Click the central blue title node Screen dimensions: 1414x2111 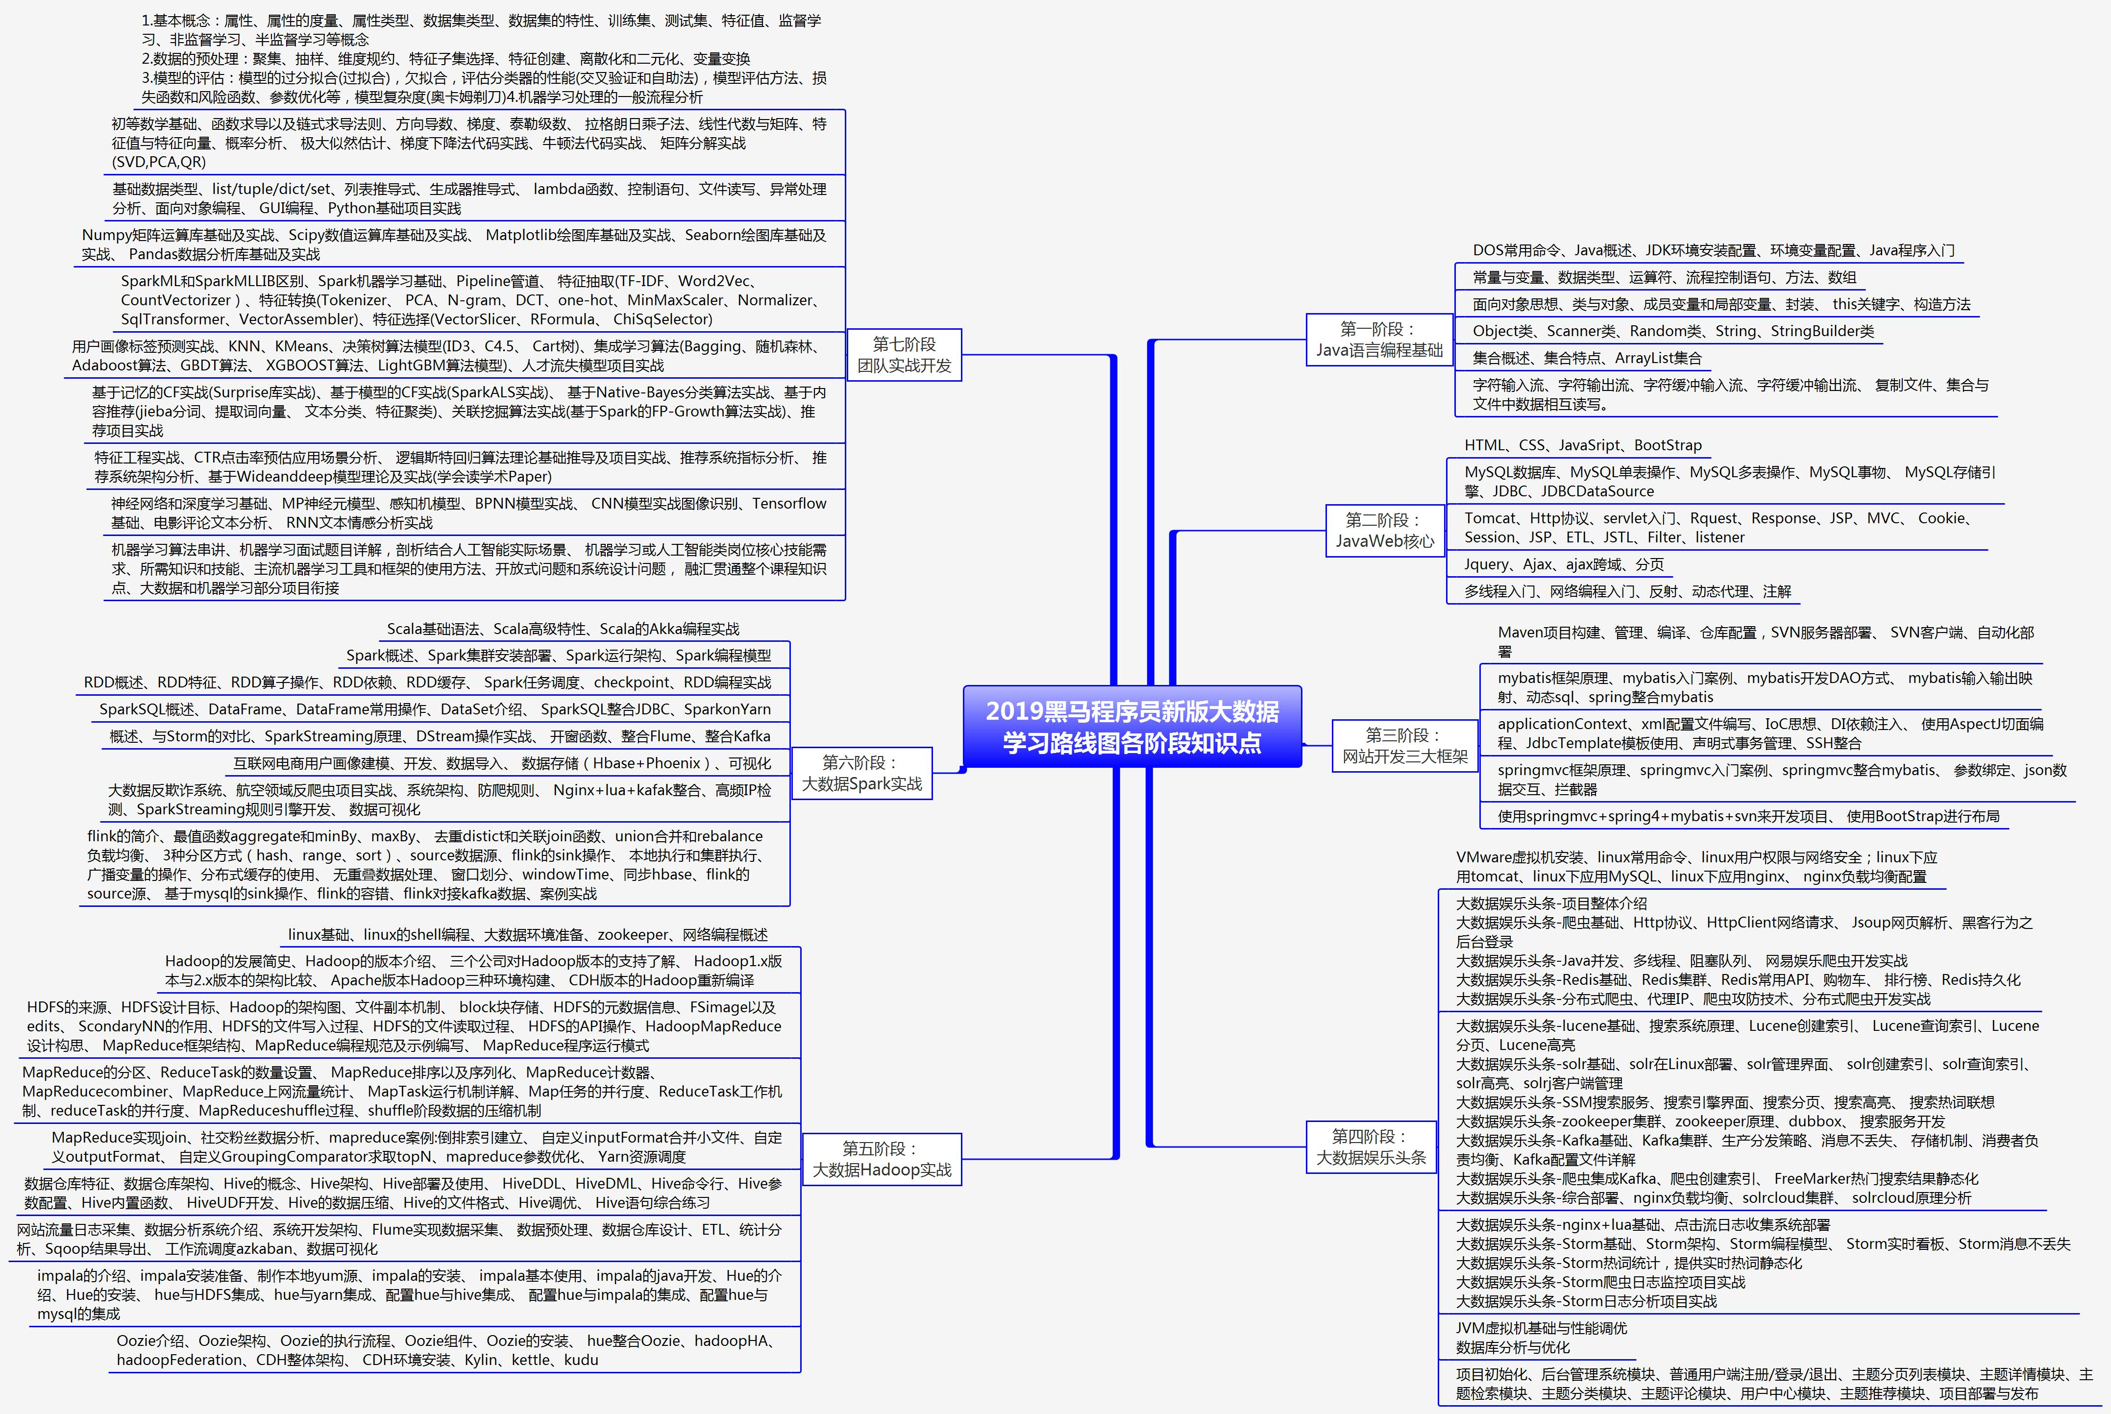pyautogui.click(x=1132, y=727)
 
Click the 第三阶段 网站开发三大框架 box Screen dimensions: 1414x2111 pyautogui.click(x=1405, y=746)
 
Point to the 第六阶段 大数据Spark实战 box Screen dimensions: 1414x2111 pyautogui.click(x=861, y=773)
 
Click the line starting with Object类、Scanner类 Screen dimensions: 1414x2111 pyautogui.click(x=1673, y=331)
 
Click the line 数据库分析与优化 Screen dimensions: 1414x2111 pyautogui.click(x=1512, y=1347)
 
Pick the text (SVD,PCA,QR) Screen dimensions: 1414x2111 pyautogui.click(x=159, y=162)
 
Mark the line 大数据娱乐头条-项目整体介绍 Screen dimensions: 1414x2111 pyautogui.click(x=1551, y=902)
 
